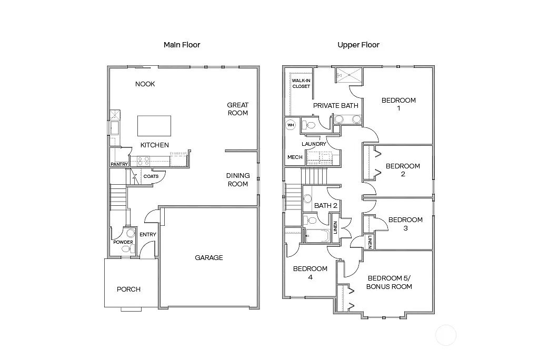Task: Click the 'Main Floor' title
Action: click(182, 45)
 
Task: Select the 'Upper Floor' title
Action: click(358, 45)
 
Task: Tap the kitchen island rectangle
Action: click(154, 126)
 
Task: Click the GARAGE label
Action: click(209, 257)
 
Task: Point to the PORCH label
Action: click(128, 289)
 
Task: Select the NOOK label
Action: click(145, 84)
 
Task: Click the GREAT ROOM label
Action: click(237, 109)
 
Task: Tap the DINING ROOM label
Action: click(237, 179)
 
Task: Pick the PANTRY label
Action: click(119, 164)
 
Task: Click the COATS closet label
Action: click(151, 176)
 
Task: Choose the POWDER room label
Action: click(123, 242)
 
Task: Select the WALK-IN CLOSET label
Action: click(301, 83)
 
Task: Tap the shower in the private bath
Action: click(348, 75)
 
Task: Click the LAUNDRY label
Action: click(314, 144)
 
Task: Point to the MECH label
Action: click(294, 157)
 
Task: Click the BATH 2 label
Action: click(325, 205)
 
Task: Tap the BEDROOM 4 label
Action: click(310, 273)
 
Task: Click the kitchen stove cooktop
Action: click(143, 161)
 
